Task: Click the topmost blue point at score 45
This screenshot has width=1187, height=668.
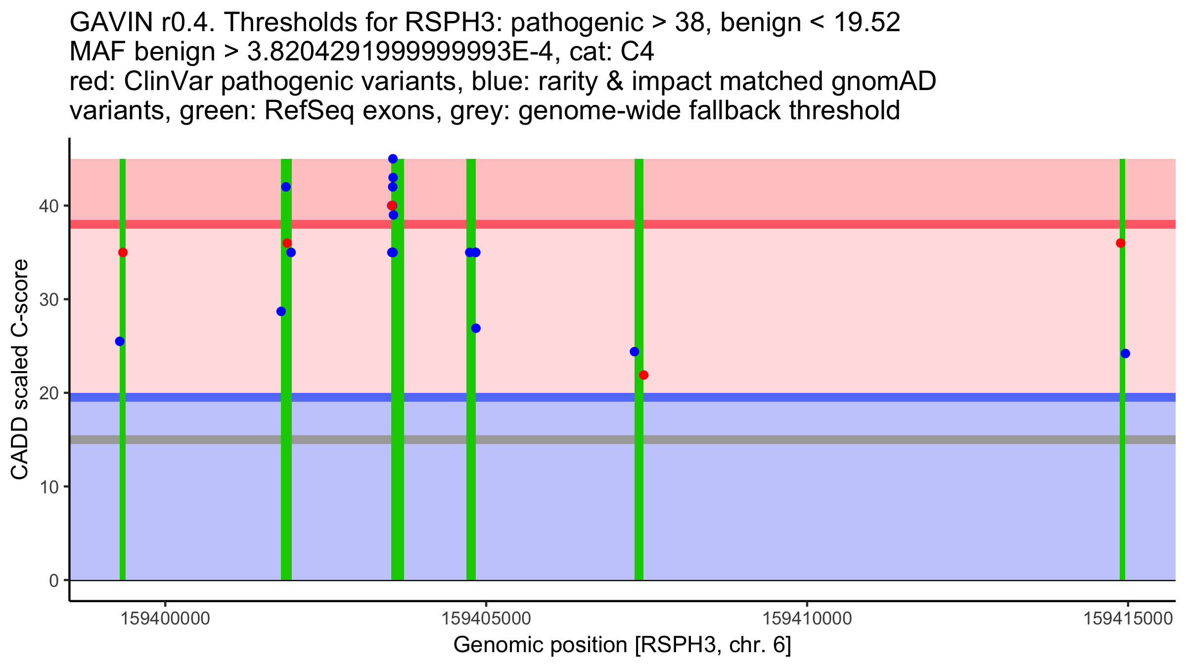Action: (x=393, y=159)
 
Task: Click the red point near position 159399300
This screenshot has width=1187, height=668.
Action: (x=123, y=252)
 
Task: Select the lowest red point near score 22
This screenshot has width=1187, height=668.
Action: (x=643, y=375)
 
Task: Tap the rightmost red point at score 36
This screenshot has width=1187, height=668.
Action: (x=1121, y=243)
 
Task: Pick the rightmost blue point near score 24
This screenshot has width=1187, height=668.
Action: (x=1125, y=353)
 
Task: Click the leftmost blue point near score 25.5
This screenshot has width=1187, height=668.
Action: (x=120, y=341)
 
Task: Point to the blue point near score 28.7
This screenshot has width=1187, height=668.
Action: (x=281, y=311)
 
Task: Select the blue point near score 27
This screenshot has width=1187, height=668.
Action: (x=476, y=328)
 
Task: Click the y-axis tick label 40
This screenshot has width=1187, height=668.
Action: (x=48, y=206)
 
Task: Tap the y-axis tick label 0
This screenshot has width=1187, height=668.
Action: (x=54, y=580)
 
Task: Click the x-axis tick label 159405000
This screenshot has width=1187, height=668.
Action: (x=486, y=619)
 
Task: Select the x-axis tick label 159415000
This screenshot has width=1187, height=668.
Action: (x=1128, y=619)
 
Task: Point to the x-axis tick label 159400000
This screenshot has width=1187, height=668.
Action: (x=166, y=619)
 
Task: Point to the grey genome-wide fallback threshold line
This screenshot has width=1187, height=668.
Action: (x=791, y=439)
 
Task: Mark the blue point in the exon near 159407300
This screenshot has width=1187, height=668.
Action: (x=635, y=352)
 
